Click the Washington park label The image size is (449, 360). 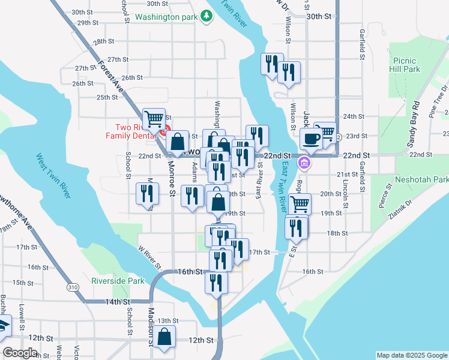click(x=166, y=17)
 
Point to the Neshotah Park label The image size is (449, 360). click(x=421, y=179)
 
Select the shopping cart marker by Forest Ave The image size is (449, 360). click(x=154, y=119)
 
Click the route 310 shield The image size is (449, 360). click(x=73, y=287)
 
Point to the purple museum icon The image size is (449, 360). click(x=304, y=163)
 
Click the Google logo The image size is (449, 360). click(x=20, y=353)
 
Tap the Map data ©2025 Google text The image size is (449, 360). click(x=411, y=355)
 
